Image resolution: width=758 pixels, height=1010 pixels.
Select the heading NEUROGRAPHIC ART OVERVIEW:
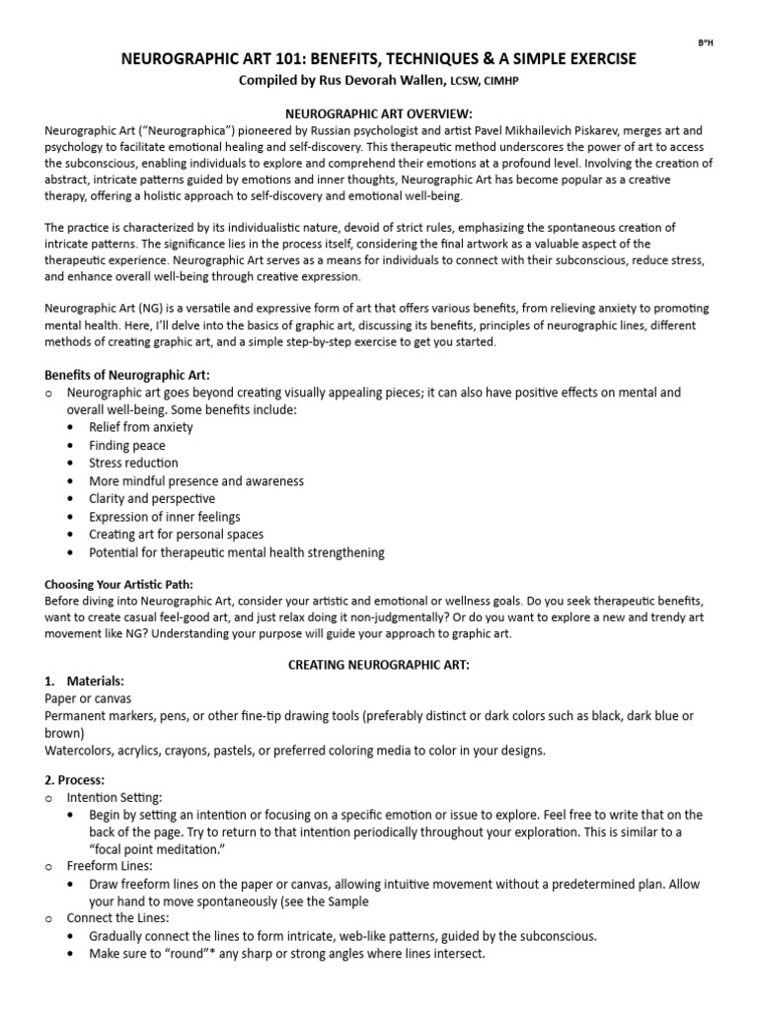click(378, 114)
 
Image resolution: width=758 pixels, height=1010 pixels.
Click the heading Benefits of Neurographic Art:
click(127, 375)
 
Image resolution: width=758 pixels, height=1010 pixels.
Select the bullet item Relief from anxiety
click(140, 427)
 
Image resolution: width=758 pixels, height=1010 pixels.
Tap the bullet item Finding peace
click(127, 446)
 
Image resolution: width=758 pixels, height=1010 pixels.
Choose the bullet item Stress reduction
click(133, 464)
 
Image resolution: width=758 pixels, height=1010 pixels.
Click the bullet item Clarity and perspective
click(151, 499)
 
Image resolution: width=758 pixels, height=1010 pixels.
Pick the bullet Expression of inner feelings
click(164, 517)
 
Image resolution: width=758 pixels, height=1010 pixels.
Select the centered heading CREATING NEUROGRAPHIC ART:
click(378, 666)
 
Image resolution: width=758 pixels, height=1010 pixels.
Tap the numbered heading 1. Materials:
click(85, 682)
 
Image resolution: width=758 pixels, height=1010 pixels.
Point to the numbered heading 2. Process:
click(81, 779)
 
